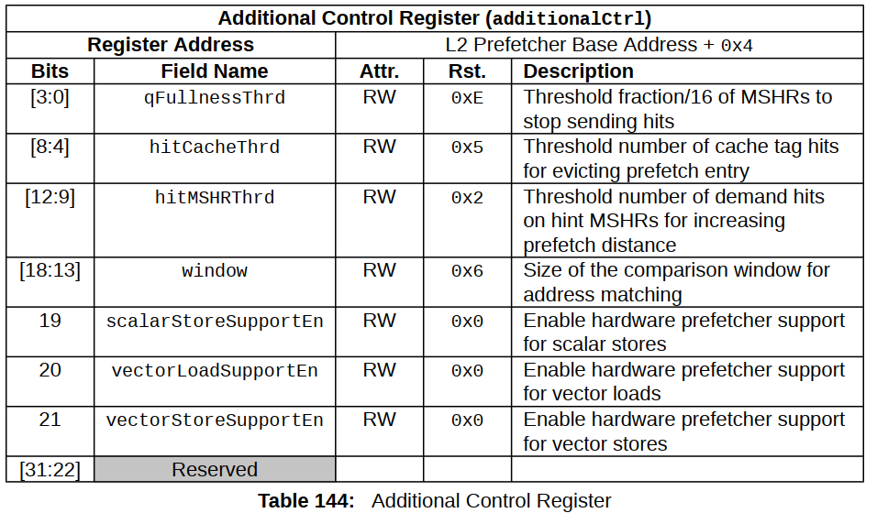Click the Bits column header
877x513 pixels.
pyautogui.click(x=50, y=71)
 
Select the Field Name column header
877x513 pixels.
pyautogui.click(x=215, y=71)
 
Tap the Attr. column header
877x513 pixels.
pyautogui.click(x=379, y=71)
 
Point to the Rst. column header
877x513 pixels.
pyautogui.click(x=467, y=71)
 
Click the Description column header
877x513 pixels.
pyautogui.click(x=578, y=71)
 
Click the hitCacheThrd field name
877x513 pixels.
pyautogui.click(x=215, y=147)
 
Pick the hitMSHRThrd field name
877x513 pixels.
pyautogui.click(x=215, y=198)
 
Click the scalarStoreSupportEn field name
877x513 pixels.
pyautogui.click(x=215, y=322)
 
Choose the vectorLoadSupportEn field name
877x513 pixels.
pyautogui.click(x=215, y=371)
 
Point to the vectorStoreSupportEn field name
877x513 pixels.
pyautogui.click(x=215, y=420)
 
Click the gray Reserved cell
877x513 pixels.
pyautogui.click(x=215, y=469)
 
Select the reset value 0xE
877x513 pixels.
pyautogui.click(x=467, y=98)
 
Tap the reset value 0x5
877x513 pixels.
pyautogui.click(x=467, y=147)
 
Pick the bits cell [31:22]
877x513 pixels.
pyautogui.click(x=50, y=470)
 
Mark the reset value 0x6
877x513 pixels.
pyautogui.click(x=467, y=271)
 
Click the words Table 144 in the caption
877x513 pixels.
pyautogui.click(x=306, y=501)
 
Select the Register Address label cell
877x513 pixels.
pyautogui.click(x=171, y=45)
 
